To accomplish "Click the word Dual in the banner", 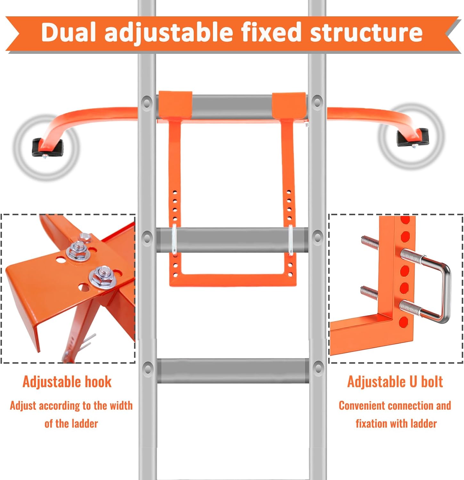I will tap(69, 32).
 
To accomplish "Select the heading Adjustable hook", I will tap(67, 382).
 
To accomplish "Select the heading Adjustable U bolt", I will tap(395, 382).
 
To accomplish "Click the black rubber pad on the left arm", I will tap(47, 148).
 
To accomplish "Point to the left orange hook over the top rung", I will tap(175, 104).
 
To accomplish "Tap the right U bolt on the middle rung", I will tap(290, 240).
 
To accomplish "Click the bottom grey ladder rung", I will tap(233, 371).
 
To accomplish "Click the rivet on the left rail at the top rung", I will tap(147, 103).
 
